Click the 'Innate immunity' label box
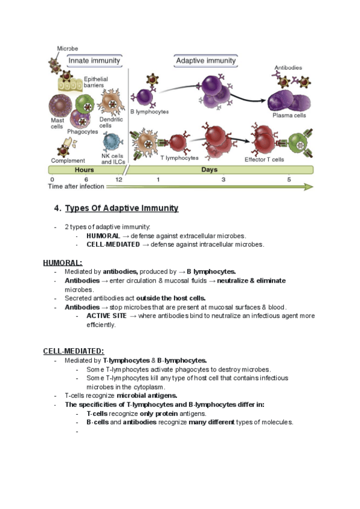[94, 61]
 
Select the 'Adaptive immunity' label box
[206, 61]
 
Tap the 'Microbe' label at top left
[67, 49]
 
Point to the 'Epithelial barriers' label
[97, 82]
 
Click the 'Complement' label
[68, 160]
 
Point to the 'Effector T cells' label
[264, 159]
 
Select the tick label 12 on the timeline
[119, 179]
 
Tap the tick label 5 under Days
[289, 179]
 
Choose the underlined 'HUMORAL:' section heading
[62, 263]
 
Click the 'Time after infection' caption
[76, 187]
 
